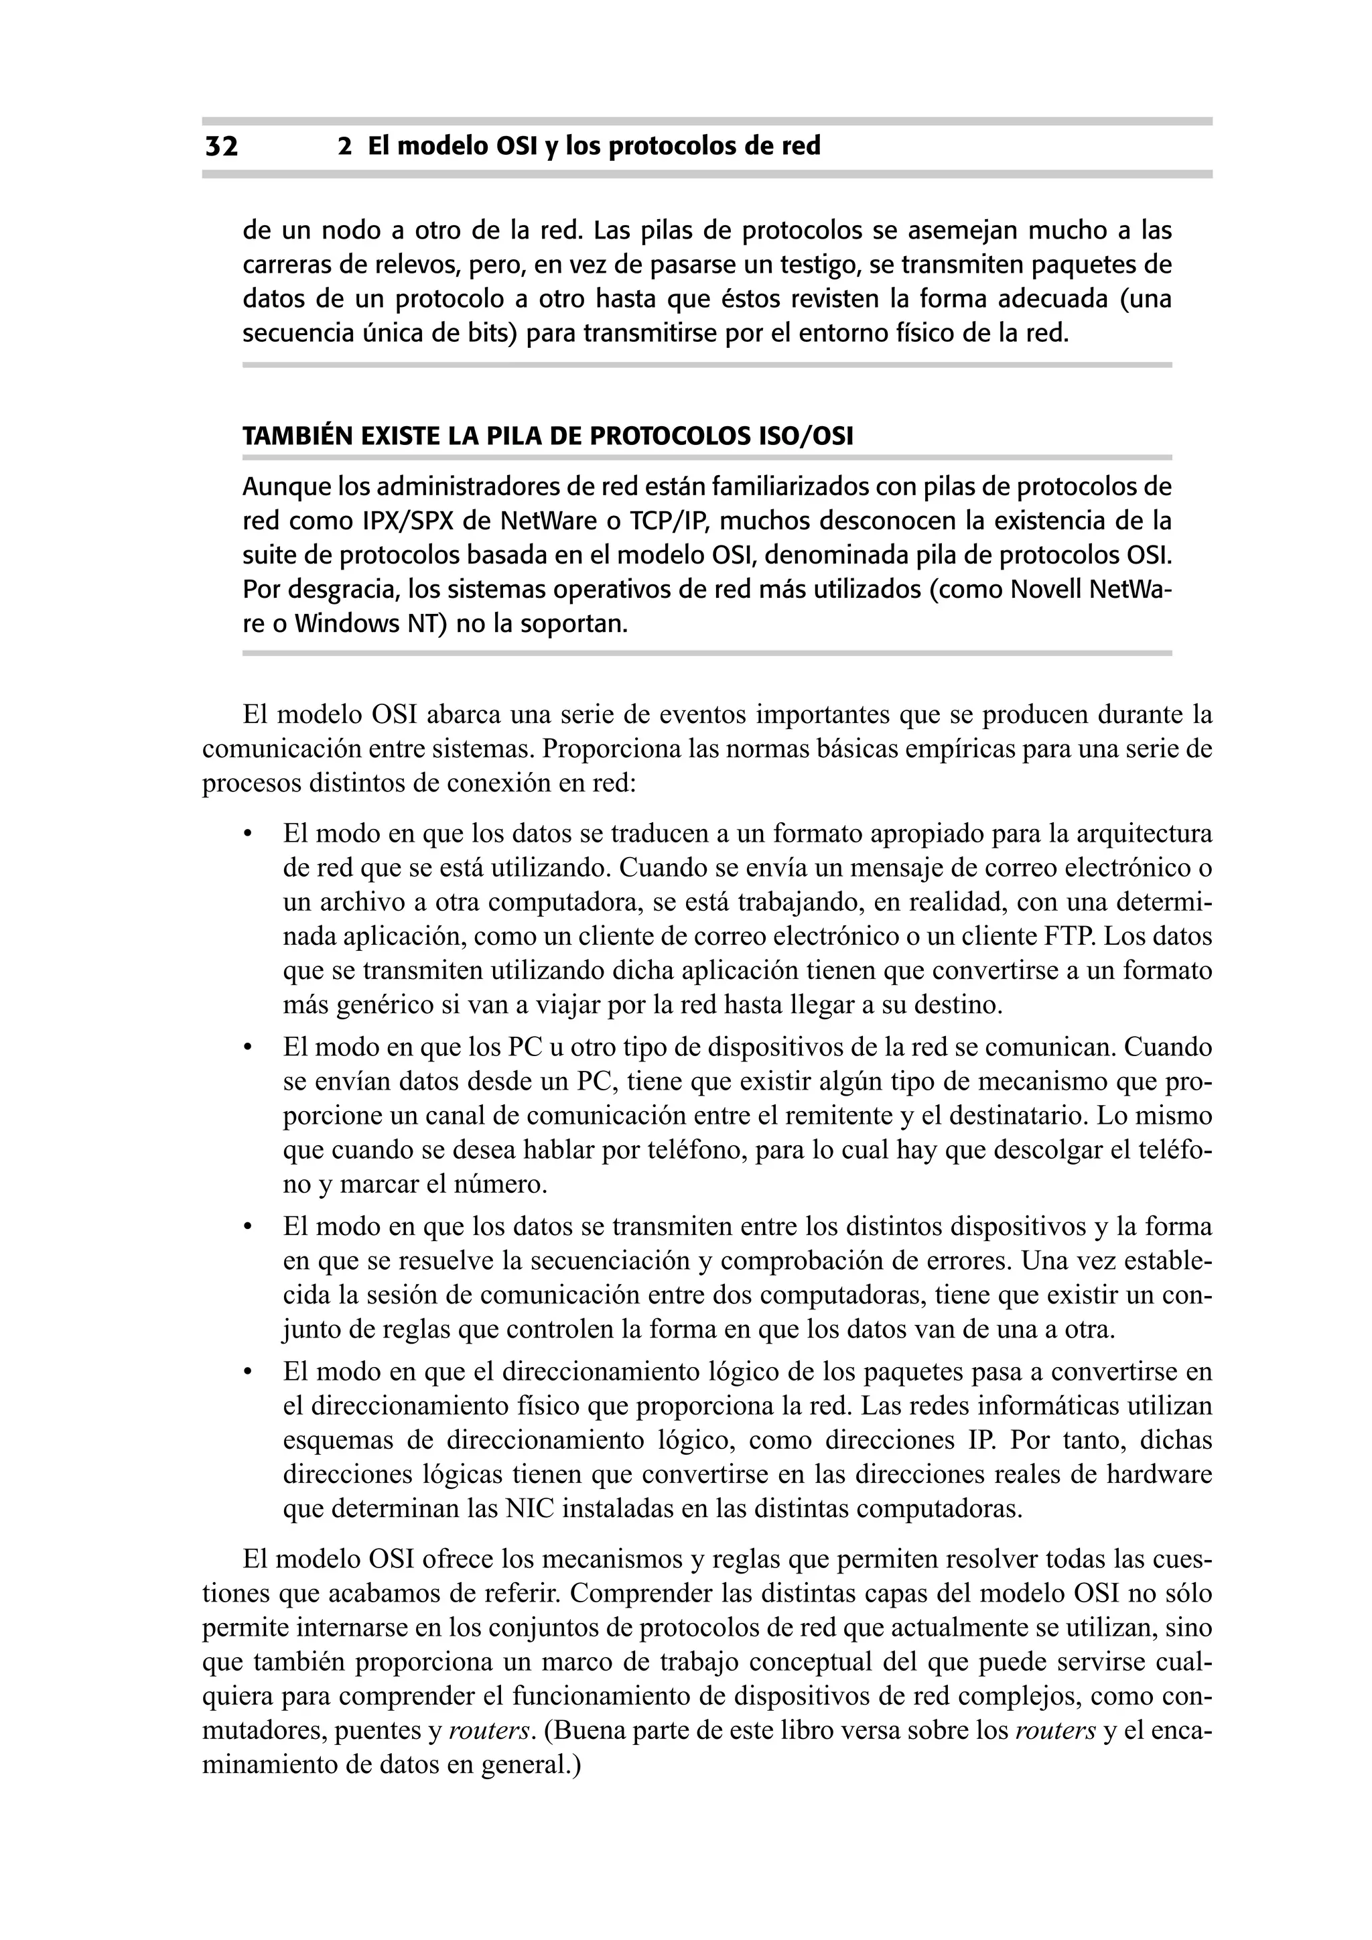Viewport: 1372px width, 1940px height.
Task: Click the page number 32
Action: (x=221, y=147)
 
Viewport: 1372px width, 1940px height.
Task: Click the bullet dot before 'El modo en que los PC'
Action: (x=247, y=1049)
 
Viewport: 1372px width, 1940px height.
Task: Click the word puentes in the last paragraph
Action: (x=372, y=1732)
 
